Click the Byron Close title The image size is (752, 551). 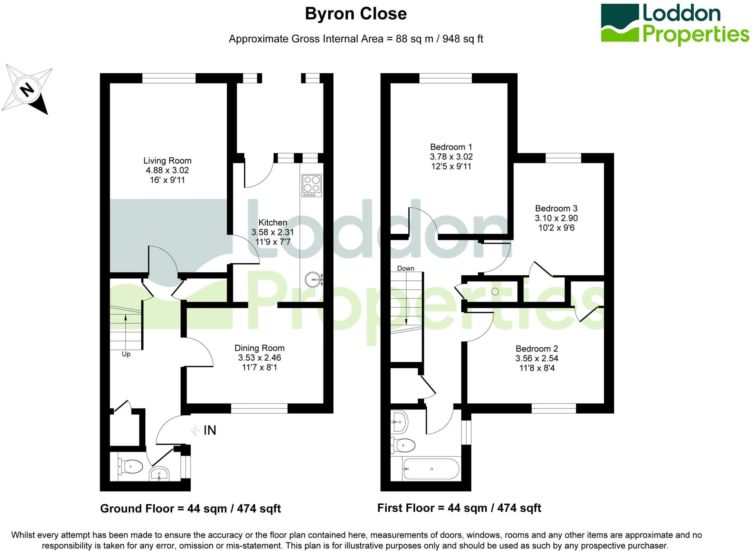click(x=355, y=14)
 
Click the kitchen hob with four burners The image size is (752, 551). click(x=312, y=185)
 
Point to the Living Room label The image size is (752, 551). click(x=167, y=161)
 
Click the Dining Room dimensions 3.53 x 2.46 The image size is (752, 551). click(x=259, y=358)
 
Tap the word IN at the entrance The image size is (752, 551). click(x=210, y=430)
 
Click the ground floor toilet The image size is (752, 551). click(x=130, y=467)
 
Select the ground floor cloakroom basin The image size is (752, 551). click(x=159, y=474)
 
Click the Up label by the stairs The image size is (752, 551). click(x=126, y=354)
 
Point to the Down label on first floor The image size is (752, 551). click(x=405, y=268)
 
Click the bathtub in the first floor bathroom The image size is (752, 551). click(x=431, y=469)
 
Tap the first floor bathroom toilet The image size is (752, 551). click(x=403, y=446)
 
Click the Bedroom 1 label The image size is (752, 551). click(x=451, y=147)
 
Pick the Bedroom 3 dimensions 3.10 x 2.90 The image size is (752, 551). click(x=556, y=218)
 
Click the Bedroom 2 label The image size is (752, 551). click(x=536, y=348)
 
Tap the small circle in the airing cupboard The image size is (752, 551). click(x=495, y=291)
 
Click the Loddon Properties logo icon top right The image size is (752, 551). click(x=620, y=23)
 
